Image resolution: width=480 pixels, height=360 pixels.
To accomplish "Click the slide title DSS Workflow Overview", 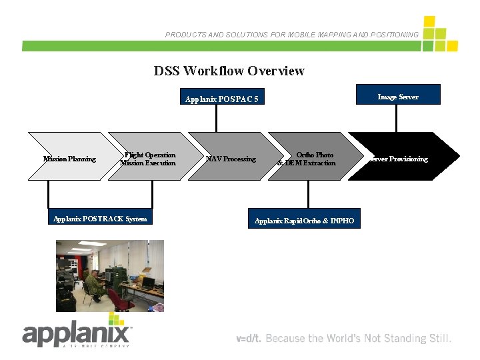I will tap(229, 71).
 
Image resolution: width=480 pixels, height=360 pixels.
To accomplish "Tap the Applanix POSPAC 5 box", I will tap(221, 99).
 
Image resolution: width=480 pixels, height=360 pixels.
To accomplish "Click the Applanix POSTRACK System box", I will tap(100, 219).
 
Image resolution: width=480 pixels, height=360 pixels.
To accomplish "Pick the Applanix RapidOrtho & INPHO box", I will tap(305, 220).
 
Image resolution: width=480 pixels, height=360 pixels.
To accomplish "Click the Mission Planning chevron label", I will tap(69, 159).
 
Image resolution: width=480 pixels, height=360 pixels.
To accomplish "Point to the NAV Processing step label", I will tap(231, 159).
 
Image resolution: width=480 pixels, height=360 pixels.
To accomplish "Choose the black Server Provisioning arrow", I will tap(403, 159).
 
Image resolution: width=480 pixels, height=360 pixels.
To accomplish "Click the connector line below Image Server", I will tap(397, 118).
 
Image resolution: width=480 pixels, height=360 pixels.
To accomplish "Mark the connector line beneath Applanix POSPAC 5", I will tap(216, 119).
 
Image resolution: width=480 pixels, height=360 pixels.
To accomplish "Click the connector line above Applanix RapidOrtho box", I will tap(308, 194).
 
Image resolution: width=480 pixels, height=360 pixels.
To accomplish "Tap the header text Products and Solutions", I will tap(292, 34).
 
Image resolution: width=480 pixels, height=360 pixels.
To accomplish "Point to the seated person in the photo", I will tap(95, 283).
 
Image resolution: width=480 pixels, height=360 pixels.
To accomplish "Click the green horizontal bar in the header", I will tap(220, 46).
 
